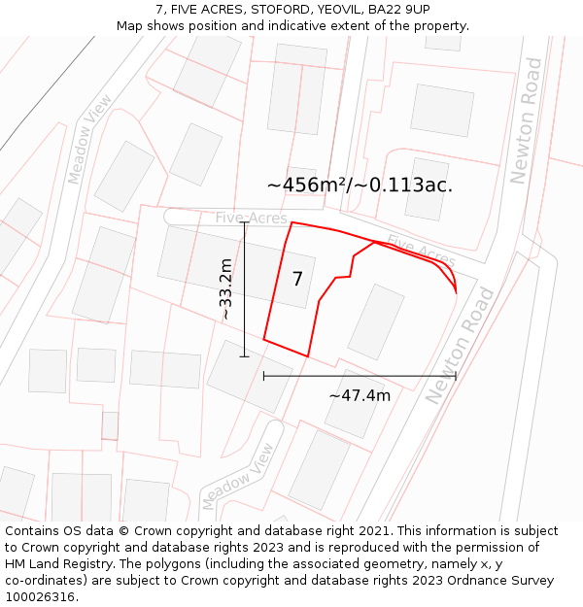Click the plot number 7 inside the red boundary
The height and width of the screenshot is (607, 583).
pyautogui.click(x=297, y=280)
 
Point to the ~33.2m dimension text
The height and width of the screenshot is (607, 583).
pyautogui.click(x=225, y=289)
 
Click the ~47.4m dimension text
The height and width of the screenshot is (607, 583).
pyautogui.click(x=360, y=395)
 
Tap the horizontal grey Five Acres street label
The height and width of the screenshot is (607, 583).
pyautogui.click(x=251, y=218)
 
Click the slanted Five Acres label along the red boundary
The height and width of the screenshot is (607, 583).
pyautogui.click(x=421, y=252)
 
